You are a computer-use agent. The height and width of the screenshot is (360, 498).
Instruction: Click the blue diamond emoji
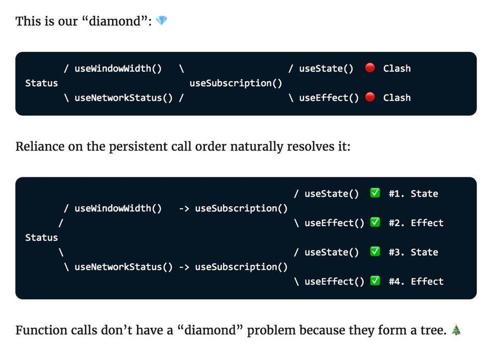click(162, 20)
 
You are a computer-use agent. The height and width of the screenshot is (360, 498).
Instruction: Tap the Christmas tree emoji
click(456, 330)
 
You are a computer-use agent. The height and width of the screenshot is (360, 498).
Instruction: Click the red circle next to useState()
click(370, 68)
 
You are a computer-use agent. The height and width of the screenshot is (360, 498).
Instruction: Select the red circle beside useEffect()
click(370, 97)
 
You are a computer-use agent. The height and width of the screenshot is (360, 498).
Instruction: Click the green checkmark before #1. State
click(375, 193)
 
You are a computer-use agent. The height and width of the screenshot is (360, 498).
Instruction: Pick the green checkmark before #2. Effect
click(375, 222)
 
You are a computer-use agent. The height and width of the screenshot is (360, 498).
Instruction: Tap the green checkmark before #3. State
click(375, 251)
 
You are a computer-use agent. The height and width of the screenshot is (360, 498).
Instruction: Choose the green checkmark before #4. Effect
click(375, 281)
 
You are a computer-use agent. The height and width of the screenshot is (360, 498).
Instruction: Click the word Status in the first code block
click(42, 83)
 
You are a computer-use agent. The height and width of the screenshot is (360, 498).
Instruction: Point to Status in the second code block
click(42, 238)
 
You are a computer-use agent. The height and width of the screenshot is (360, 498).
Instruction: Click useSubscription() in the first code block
click(236, 83)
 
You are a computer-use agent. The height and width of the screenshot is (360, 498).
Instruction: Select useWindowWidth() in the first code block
click(118, 69)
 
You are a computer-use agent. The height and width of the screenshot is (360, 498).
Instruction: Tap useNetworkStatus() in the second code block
click(124, 267)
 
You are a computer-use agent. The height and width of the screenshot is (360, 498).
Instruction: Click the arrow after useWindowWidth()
click(184, 208)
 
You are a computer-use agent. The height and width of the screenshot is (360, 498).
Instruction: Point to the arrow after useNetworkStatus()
click(184, 267)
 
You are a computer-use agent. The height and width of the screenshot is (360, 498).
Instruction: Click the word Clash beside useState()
click(397, 68)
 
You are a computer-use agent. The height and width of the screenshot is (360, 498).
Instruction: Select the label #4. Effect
click(416, 281)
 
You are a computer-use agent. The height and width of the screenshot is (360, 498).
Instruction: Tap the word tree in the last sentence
click(434, 330)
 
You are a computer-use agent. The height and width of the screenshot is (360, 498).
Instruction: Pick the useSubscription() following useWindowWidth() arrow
click(242, 208)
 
